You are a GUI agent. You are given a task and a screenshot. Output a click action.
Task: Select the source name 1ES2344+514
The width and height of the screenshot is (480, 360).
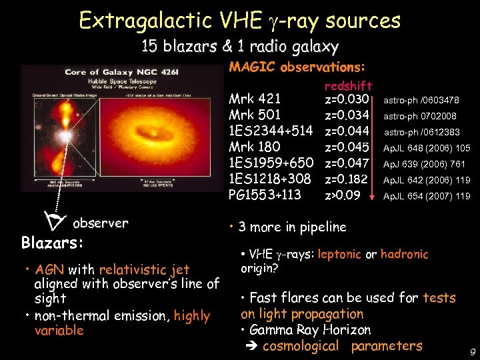point(271,131)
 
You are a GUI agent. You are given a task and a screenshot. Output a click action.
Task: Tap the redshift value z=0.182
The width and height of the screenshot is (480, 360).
point(347,179)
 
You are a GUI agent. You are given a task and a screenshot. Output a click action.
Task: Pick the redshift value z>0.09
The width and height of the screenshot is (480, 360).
point(343,195)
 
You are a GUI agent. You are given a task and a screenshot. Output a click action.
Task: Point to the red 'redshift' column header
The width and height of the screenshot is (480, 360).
point(348,86)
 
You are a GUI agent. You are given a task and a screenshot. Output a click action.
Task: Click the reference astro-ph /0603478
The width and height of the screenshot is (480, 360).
point(421,101)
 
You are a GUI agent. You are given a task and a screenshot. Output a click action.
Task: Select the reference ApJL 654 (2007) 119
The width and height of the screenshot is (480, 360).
point(427,196)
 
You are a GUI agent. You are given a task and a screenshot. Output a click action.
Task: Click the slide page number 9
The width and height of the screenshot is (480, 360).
point(472,351)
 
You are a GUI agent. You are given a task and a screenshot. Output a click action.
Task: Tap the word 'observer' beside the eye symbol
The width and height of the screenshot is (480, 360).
point(101,223)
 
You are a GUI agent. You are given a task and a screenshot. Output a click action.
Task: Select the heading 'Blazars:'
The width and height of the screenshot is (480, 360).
point(53,242)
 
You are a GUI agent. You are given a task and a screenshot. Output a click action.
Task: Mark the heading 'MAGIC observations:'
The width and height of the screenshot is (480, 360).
point(297,68)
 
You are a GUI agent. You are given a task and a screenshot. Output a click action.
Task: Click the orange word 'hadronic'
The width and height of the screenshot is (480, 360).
point(404,254)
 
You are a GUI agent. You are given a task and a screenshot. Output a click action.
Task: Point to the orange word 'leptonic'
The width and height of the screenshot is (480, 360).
point(340,254)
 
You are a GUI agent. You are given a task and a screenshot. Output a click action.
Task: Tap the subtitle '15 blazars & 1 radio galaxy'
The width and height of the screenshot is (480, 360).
point(240,47)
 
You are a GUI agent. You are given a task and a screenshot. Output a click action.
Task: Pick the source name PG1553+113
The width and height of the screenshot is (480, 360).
point(265,195)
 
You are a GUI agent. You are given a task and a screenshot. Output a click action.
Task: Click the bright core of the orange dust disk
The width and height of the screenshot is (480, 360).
point(173,133)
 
